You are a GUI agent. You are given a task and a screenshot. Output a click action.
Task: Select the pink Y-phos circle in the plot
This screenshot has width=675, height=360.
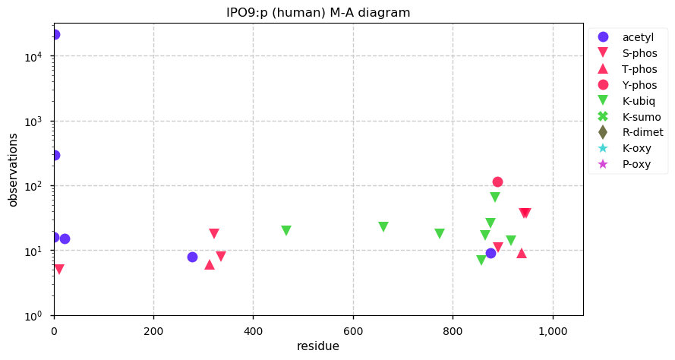point(497,182)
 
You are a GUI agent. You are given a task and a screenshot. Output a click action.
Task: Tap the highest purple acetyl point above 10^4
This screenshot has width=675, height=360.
point(55,35)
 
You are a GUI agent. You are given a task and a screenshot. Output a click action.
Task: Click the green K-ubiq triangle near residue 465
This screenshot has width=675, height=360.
point(286,231)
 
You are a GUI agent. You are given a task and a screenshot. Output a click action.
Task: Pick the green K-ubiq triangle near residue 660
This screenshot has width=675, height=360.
point(383,227)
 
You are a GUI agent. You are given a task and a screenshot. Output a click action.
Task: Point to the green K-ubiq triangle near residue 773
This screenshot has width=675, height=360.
point(440,234)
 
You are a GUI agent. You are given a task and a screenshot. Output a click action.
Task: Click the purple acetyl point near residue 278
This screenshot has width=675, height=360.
point(193,257)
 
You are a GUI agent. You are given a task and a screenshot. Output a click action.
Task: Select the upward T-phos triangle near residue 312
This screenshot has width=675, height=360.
point(210,264)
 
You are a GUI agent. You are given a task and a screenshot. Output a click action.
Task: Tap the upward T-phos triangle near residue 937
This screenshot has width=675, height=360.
point(522,253)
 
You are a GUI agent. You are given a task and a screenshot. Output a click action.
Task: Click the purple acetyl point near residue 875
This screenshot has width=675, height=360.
point(490,253)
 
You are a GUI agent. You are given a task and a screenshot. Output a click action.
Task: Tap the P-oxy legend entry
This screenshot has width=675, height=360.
point(636,164)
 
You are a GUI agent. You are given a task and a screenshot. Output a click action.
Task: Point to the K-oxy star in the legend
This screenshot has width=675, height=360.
point(604,148)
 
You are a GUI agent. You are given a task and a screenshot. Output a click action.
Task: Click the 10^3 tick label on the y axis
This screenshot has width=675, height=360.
point(38,122)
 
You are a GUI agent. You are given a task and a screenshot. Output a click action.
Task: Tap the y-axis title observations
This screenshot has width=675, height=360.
point(13,170)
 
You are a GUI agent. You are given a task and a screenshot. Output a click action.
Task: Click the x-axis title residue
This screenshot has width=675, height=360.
point(318,346)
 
